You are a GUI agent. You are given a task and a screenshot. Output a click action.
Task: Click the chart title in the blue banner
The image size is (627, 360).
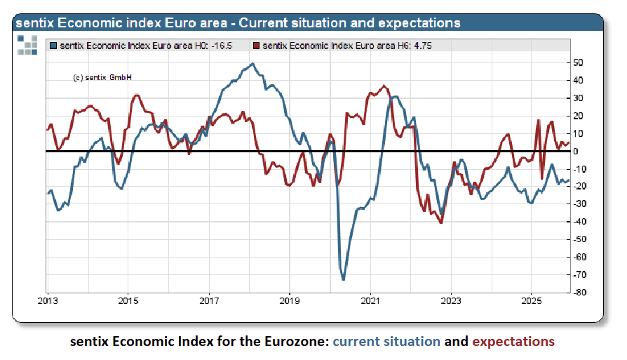pyautogui.click(x=238, y=23)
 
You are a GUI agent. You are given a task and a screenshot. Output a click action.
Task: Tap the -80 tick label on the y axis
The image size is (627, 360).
pyautogui.click(x=579, y=292)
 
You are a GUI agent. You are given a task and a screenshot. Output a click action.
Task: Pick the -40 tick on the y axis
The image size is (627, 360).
pyautogui.click(x=579, y=221)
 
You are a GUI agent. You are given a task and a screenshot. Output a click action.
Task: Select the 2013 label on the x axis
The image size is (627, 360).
pyautogui.click(x=47, y=300)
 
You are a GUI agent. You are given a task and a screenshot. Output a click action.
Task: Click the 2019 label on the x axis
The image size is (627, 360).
pyautogui.click(x=290, y=300)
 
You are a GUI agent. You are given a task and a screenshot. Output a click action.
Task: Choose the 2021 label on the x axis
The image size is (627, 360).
pyautogui.click(x=370, y=300)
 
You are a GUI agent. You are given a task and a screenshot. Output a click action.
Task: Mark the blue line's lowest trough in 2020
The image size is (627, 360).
pyautogui.click(x=344, y=280)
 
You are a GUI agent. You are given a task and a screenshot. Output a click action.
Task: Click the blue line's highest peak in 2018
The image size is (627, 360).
pyautogui.click(x=252, y=64)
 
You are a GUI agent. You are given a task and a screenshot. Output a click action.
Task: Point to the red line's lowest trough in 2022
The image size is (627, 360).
pyautogui.click(x=440, y=222)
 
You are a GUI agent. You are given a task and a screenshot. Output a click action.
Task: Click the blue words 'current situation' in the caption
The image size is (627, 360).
pyautogui.click(x=386, y=342)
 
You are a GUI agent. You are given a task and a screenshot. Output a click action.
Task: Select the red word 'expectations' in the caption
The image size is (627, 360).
pyautogui.click(x=513, y=342)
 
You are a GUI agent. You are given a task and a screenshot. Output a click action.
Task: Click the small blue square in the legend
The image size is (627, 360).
pyautogui.click(x=53, y=46)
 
